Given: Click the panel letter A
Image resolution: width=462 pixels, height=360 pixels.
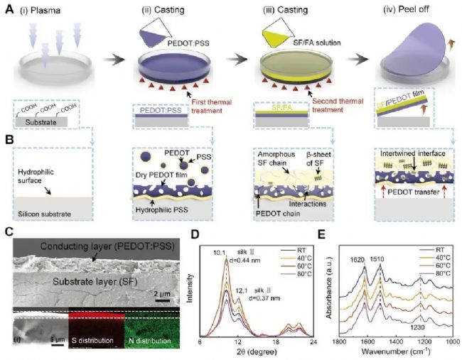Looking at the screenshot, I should click(10, 9).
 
